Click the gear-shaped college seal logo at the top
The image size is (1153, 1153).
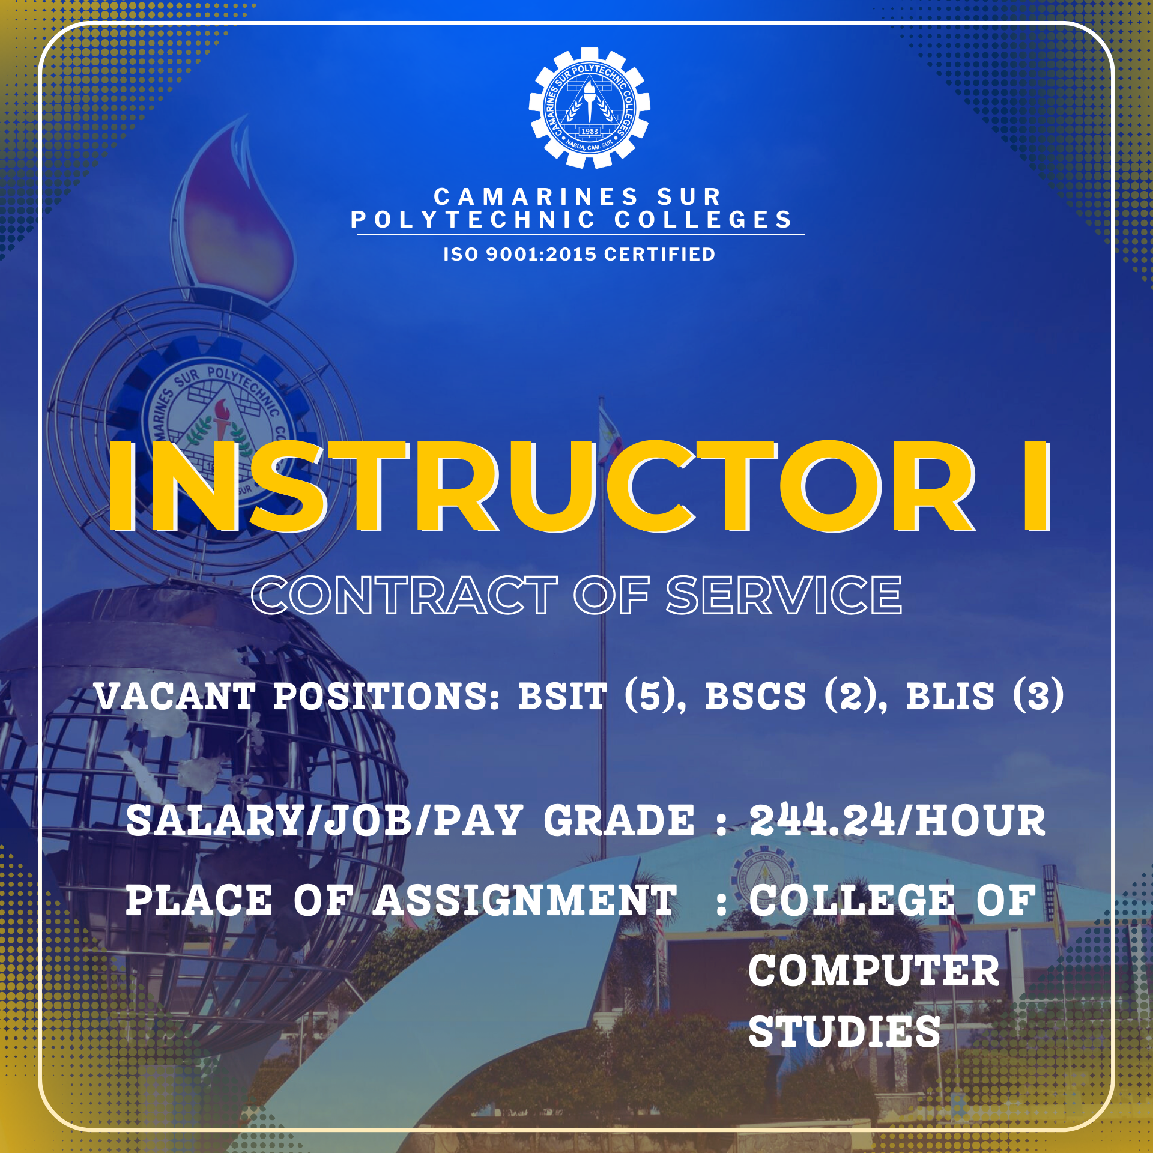pos(589,108)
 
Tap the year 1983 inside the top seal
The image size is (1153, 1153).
pos(589,131)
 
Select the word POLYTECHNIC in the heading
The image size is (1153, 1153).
pos(473,220)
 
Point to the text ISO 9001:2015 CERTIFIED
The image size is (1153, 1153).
pos(579,254)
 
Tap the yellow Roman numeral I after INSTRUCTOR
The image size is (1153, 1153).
pos(1036,487)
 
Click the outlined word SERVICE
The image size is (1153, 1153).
pos(784,595)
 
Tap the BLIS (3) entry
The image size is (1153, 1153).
pos(984,695)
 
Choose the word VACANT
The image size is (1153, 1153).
pos(175,697)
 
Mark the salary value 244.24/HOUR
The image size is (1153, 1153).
pos(897,820)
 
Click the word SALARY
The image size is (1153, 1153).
pos(213,820)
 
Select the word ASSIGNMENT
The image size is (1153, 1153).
pos(525,901)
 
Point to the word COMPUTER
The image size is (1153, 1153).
pos(874,970)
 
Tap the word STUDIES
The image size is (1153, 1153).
pos(844,1032)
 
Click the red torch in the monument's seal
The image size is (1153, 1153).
pos(222,418)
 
